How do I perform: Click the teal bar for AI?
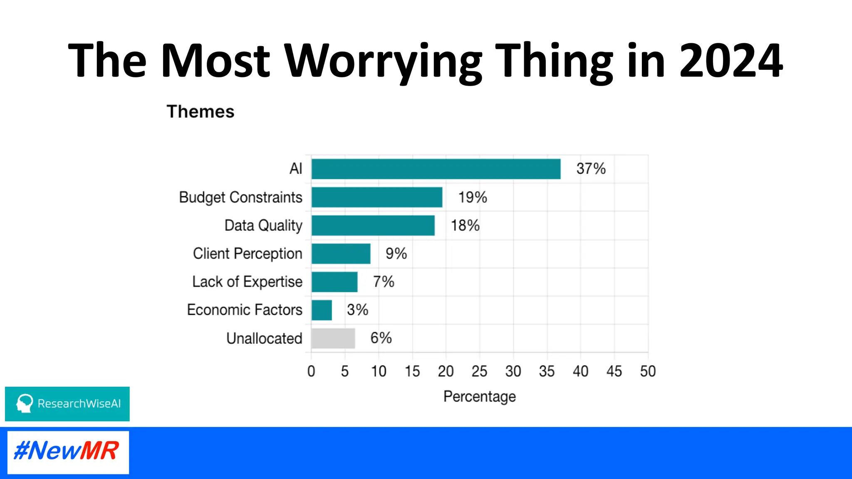click(436, 169)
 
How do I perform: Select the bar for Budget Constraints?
click(376, 197)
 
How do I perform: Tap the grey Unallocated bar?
click(333, 338)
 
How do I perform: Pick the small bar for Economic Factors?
click(322, 310)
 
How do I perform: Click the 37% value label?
click(591, 169)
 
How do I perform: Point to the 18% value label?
click(465, 225)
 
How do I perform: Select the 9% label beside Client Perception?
click(396, 254)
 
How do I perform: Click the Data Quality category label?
click(263, 225)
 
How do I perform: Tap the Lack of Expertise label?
click(247, 282)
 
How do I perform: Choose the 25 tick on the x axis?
click(479, 371)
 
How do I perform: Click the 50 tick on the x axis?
click(648, 371)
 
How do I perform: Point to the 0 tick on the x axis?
click(311, 371)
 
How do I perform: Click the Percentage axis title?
click(479, 396)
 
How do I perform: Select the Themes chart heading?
click(201, 111)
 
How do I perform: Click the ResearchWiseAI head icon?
click(25, 403)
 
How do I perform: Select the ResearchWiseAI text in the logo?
click(79, 404)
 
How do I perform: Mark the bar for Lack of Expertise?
click(334, 282)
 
